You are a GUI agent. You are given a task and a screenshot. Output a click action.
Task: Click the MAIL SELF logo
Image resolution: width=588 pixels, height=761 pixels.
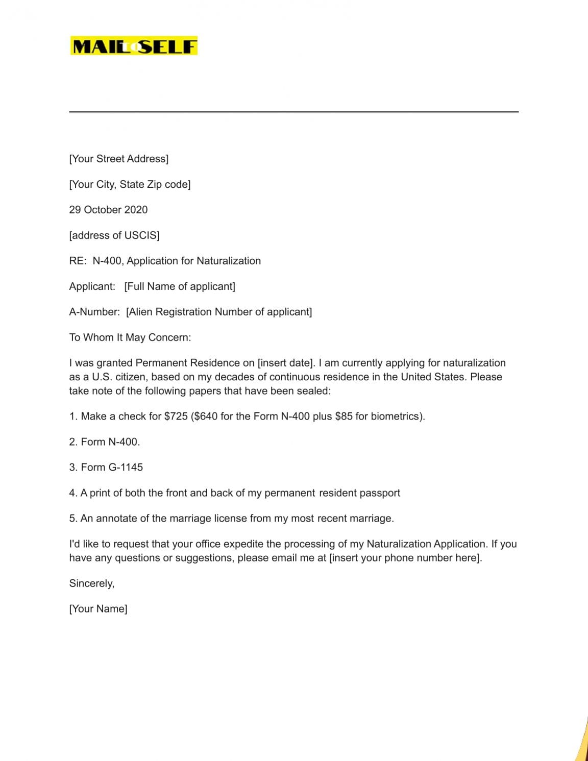pyautogui.click(x=134, y=46)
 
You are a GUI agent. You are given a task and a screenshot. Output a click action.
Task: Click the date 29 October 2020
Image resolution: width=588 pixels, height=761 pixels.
pyautogui.click(x=108, y=210)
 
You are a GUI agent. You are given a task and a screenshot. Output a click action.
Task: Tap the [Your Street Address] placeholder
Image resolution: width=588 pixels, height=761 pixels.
pyautogui.click(x=118, y=159)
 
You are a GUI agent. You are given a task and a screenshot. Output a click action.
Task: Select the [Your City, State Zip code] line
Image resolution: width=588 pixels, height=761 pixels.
pyautogui.click(x=130, y=184)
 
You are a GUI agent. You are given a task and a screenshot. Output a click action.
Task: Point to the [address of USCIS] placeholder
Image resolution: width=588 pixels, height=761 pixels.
pyautogui.click(x=114, y=235)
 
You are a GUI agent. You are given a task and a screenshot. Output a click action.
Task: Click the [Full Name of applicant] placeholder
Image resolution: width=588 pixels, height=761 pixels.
pyautogui.click(x=180, y=286)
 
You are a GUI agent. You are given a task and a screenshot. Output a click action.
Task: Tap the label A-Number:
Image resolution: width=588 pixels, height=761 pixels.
pyautogui.click(x=94, y=312)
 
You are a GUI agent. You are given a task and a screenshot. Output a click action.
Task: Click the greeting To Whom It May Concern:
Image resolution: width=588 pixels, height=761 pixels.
pyautogui.click(x=130, y=337)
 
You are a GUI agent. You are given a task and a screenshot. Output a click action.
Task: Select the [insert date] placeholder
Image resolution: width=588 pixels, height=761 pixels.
pyautogui.click(x=285, y=363)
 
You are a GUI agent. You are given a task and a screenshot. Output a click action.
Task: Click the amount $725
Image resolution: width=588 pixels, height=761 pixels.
pyautogui.click(x=176, y=416)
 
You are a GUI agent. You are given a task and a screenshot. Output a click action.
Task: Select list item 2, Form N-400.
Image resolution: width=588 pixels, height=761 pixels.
pyautogui.click(x=105, y=442)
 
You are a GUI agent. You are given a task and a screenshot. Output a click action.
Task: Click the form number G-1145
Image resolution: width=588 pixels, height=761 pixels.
pyautogui.click(x=126, y=468)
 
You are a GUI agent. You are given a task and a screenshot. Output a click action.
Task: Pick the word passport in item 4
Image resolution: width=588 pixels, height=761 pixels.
pyautogui.click(x=380, y=493)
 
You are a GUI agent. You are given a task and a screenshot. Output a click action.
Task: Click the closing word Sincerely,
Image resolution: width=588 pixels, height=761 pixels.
pyautogui.click(x=92, y=583)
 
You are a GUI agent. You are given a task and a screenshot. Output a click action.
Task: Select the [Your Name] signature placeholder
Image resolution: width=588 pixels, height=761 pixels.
pyautogui.click(x=98, y=609)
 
